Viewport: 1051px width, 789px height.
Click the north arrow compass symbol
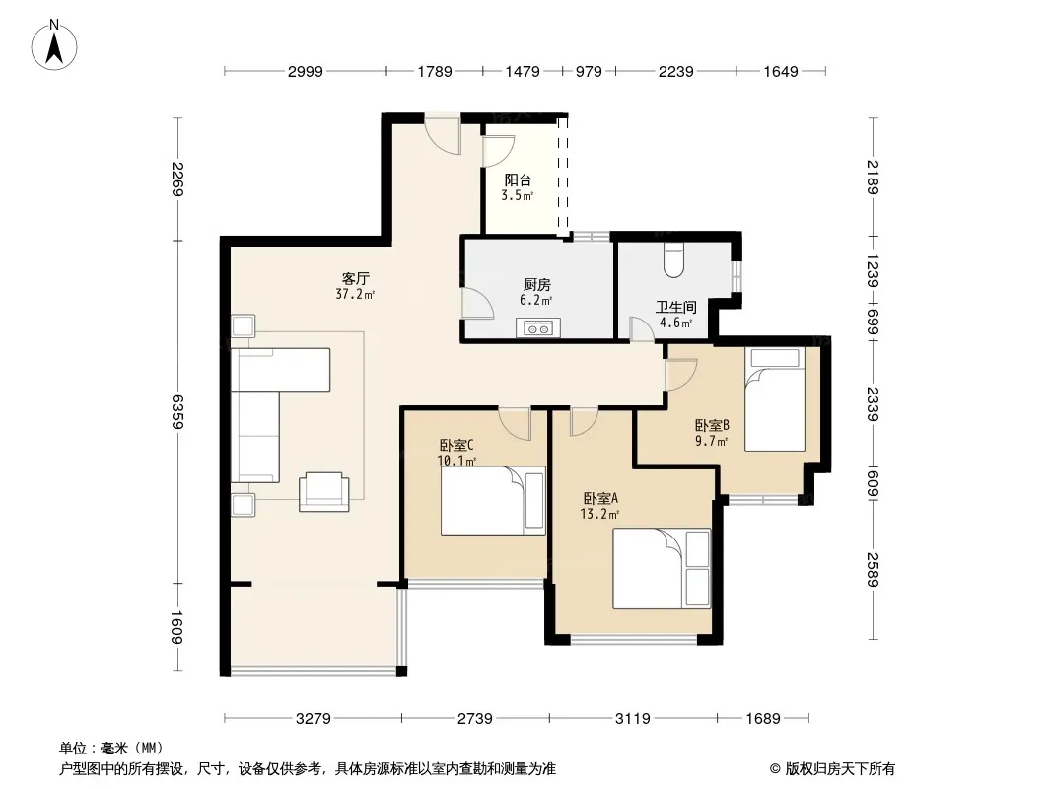coord(54,44)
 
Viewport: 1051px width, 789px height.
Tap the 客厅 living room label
coord(355,278)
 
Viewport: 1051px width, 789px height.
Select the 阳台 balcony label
coord(518,179)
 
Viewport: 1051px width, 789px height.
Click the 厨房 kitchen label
coord(537,285)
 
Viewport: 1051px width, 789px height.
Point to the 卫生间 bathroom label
coord(675,307)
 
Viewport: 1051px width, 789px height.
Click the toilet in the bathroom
coord(673,260)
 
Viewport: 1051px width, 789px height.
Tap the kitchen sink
coord(537,327)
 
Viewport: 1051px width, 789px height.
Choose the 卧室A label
coord(600,498)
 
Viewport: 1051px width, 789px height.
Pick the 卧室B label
coord(712,425)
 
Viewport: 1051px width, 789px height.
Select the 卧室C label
coord(456,445)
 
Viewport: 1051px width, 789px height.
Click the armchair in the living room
coord(323,491)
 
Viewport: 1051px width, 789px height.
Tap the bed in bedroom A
coord(662,568)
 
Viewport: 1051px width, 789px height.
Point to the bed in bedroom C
coord(493,501)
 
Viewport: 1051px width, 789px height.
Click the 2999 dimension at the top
coord(306,71)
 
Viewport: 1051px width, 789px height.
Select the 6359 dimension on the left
coord(177,411)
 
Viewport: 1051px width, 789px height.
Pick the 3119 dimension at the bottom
coord(633,719)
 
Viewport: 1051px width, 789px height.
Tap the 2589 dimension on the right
coord(873,569)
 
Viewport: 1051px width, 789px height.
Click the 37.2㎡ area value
coord(355,294)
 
